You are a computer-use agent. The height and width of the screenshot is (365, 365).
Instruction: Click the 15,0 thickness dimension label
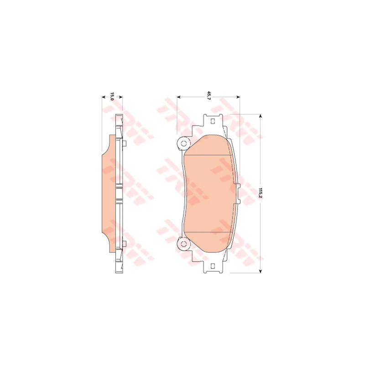click(x=112, y=96)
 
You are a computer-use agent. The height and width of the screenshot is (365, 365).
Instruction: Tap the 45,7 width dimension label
click(x=209, y=96)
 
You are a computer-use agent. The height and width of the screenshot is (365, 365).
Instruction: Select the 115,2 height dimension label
click(x=261, y=193)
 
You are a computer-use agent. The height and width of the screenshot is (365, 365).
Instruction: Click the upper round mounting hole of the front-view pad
click(x=183, y=143)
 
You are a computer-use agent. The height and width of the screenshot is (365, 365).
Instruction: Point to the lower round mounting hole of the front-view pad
click(x=183, y=244)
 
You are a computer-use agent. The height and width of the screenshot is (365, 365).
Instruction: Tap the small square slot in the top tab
click(x=212, y=121)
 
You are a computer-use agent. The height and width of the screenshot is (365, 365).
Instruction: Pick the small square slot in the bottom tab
click(x=212, y=266)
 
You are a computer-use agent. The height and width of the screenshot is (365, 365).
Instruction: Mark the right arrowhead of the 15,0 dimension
click(x=120, y=97)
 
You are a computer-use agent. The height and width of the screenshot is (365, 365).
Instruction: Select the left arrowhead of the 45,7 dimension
click(x=179, y=97)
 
